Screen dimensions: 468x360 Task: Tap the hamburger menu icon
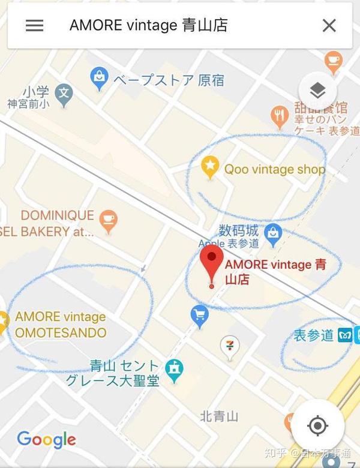point(34,26)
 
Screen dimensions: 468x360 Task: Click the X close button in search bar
point(329,26)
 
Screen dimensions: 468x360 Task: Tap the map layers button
point(317,91)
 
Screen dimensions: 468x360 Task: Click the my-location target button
point(317,426)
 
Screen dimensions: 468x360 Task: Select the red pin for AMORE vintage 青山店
point(211,264)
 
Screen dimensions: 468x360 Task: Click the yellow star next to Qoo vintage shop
point(209,167)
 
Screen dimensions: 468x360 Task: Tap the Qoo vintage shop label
point(274,169)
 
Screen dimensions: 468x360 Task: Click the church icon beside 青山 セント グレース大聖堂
point(174,371)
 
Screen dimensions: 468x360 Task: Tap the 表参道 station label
point(313,335)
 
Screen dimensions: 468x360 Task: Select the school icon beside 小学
point(63,93)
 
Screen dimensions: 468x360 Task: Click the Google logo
point(46,440)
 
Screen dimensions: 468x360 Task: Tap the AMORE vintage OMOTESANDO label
point(60,325)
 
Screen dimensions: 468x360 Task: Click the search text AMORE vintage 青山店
point(148,26)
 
